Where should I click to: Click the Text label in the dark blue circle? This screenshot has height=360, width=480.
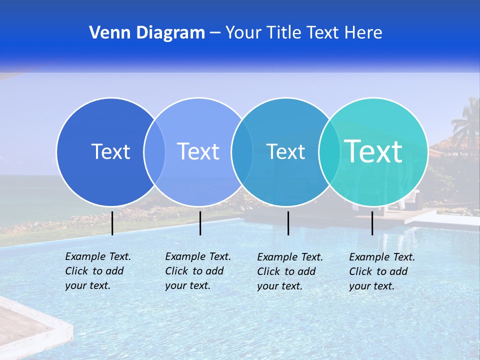(110, 151)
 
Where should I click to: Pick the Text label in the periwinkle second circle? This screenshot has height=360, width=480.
(198, 151)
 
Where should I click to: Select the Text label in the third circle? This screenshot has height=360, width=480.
(285, 151)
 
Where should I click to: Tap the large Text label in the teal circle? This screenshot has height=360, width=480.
(373, 151)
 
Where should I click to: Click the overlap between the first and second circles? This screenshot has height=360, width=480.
(154, 151)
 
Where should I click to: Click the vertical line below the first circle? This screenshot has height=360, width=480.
(112, 223)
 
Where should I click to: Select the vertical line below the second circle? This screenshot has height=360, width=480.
(200, 223)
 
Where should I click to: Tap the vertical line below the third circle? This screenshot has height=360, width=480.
(288, 223)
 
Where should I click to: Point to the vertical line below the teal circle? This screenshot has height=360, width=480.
(372, 223)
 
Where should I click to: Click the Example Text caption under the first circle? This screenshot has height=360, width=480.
(97, 271)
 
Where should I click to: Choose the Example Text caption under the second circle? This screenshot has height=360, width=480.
(197, 271)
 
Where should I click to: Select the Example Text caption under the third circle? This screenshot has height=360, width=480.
(290, 271)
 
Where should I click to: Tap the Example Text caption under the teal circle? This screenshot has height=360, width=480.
(382, 271)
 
